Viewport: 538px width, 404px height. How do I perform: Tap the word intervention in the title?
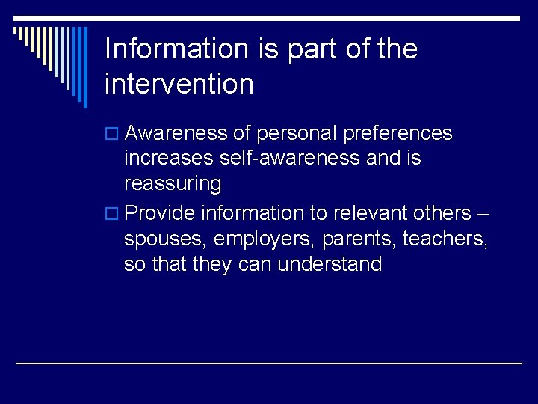click(x=179, y=84)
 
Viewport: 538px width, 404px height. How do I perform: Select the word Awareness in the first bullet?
click(x=177, y=133)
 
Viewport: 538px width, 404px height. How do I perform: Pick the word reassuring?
click(x=173, y=183)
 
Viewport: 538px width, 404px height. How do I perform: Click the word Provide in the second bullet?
click(x=160, y=213)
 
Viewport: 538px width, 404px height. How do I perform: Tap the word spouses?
click(x=166, y=239)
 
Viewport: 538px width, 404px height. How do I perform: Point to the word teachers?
click(x=447, y=239)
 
